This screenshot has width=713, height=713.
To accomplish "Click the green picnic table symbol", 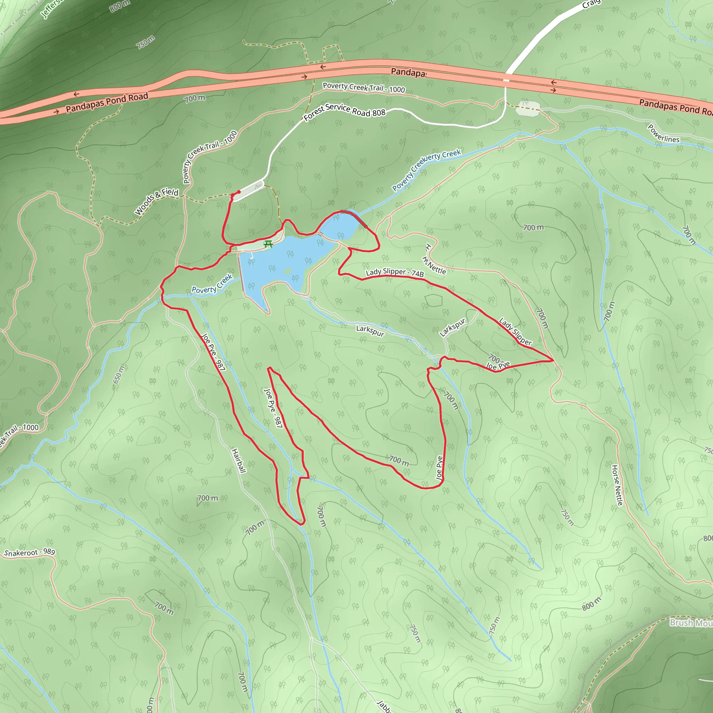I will (x=268, y=244).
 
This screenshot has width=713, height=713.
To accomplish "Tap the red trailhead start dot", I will (x=239, y=192).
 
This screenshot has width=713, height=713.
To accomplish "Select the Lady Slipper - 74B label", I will (x=394, y=272).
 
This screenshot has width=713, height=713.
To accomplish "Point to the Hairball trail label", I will (x=238, y=461).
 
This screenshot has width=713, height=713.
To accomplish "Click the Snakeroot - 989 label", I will (x=30, y=552).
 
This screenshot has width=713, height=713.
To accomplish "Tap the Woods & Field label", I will (x=156, y=202).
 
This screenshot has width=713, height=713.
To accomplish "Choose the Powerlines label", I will (x=663, y=134).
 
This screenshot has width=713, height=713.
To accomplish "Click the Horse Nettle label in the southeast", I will (x=617, y=485).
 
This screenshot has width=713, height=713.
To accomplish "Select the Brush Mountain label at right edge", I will (x=691, y=623).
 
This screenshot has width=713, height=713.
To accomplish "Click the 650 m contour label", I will (x=119, y=374).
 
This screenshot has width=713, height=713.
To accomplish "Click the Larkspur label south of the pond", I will (x=370, y=331).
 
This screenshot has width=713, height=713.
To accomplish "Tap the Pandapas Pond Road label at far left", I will (x=107, y=103).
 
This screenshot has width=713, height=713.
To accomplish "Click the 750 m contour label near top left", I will (x=146, y=42).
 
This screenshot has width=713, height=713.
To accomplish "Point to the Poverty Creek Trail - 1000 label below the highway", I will (x=363, y=88).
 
